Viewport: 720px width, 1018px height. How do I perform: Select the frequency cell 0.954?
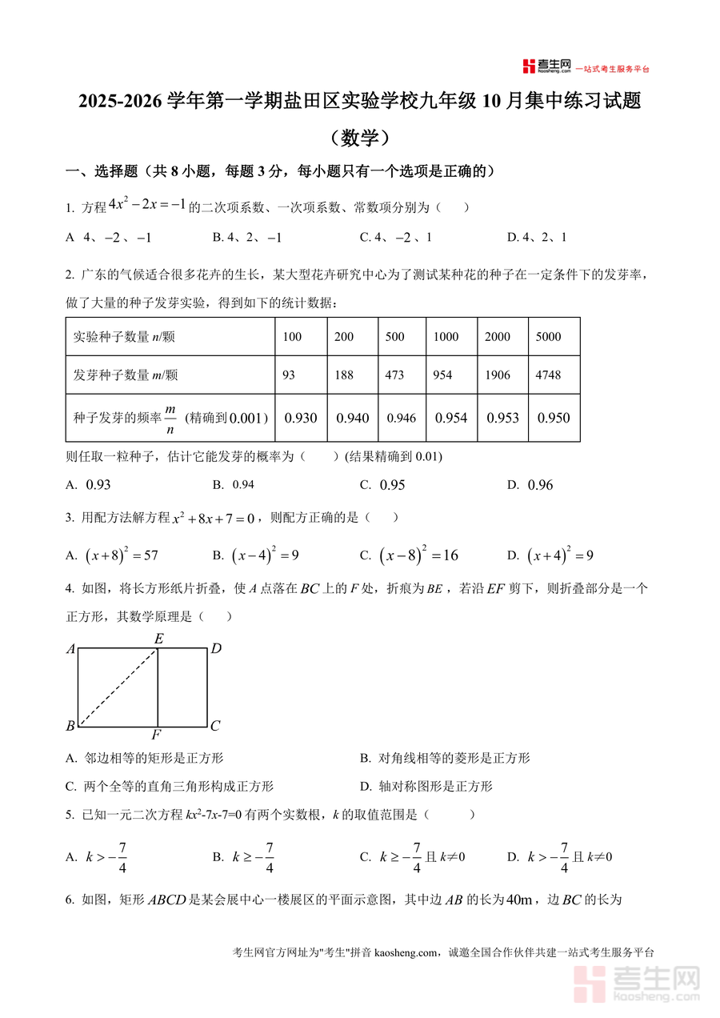[451, 418]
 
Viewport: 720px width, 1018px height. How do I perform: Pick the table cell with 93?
[289, 375]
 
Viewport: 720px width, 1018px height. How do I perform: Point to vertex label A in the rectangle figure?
[70, 650]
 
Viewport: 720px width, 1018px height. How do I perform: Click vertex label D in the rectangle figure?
[216, 649]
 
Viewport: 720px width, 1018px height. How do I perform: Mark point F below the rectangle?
[157, 735]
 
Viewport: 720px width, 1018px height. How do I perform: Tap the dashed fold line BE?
[118, 687]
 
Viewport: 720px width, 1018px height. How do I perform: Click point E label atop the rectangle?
[158, 639]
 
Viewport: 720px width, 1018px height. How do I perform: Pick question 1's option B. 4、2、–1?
[247, 238]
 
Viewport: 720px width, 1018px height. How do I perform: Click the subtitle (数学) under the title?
[359, 138]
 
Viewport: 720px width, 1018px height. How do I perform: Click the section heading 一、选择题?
[102, 170]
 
